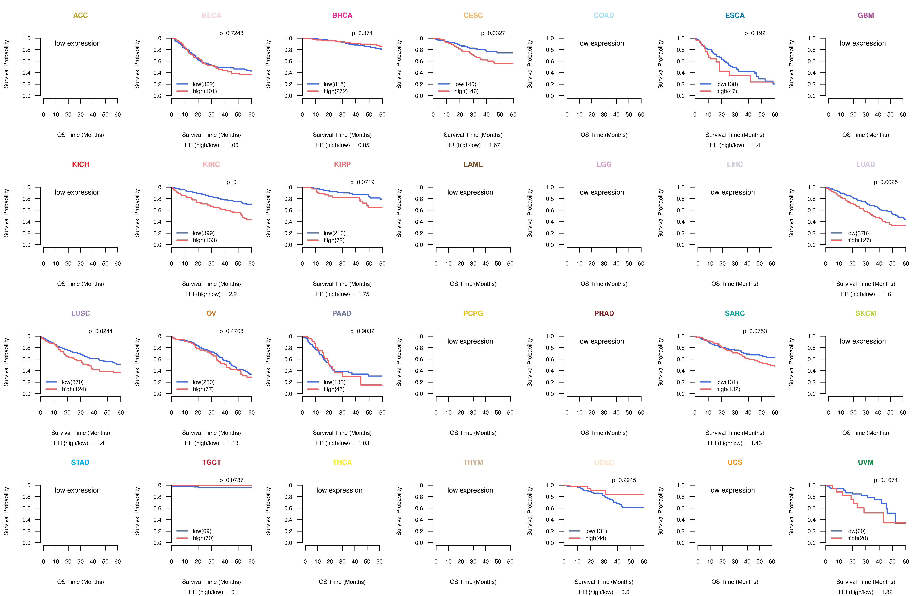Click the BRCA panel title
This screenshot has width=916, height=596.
click(x=342, y=15)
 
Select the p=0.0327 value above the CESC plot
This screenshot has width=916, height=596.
click(x=493, y=33)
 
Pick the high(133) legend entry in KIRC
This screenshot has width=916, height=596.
click(x=205, y=240)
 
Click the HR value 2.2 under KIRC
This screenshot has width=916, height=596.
click(x=233, y=294)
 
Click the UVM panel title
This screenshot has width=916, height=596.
click(x=866, y=462)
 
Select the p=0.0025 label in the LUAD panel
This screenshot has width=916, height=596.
click(x=886, y=182)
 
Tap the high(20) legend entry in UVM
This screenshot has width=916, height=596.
click(x=858, y=538)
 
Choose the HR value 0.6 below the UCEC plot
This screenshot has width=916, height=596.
click(x=625, y=592)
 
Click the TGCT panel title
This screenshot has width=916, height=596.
click(x=211, y=462)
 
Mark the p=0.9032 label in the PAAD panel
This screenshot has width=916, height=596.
click(x=362, y=331)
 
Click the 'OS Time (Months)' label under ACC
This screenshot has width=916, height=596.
click(x=80, y=135)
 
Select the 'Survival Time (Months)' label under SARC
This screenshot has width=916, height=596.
click(x=735, y=433)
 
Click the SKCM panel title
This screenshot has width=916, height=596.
click(x=866, y=313)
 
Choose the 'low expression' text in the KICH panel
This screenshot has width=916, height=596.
click(x=78, y=192)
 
